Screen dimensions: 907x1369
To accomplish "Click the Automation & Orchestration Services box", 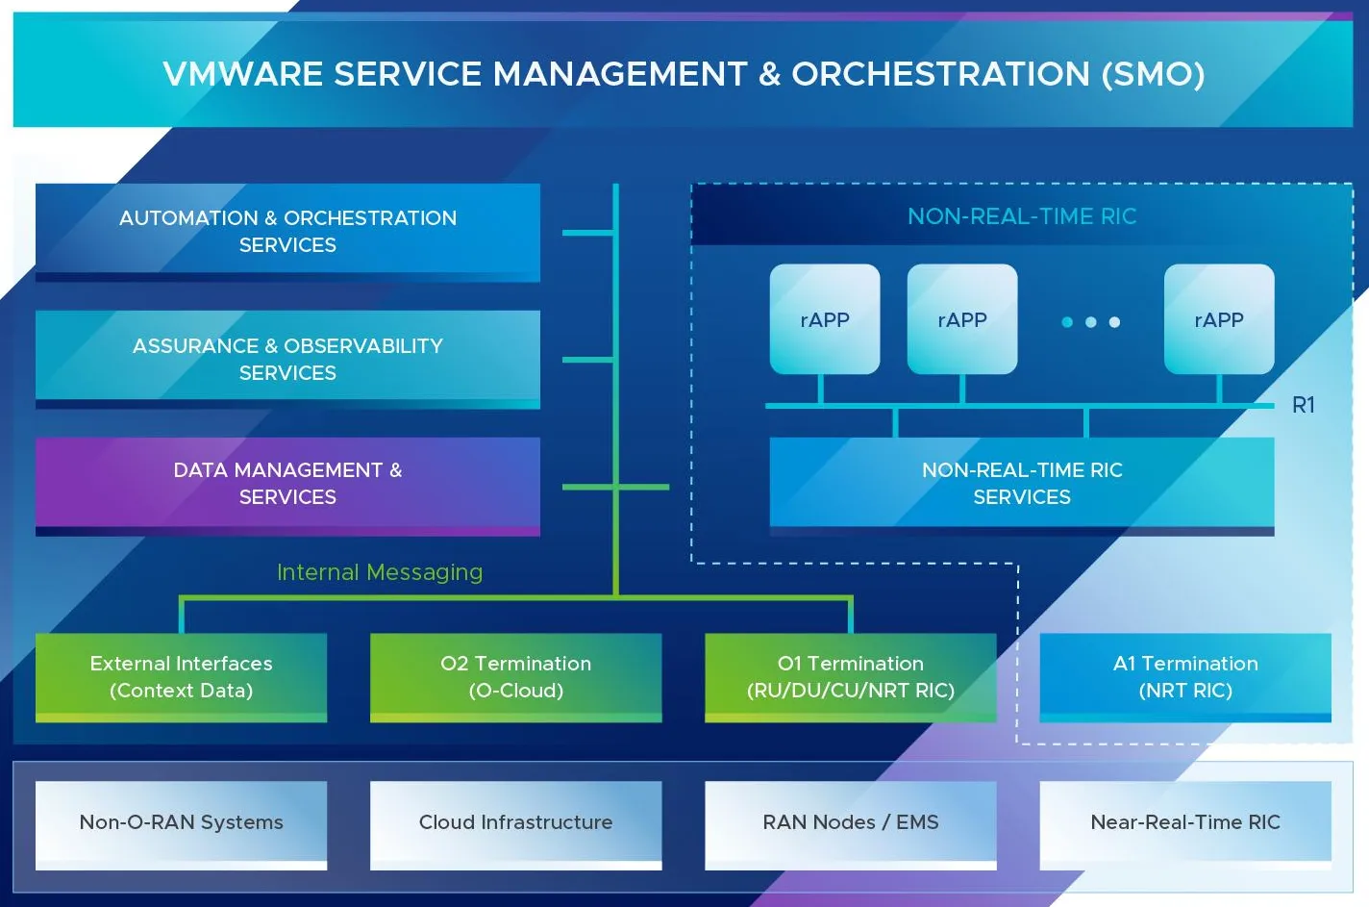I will coord(287,232).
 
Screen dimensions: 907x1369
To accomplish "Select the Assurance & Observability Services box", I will coord(287,359).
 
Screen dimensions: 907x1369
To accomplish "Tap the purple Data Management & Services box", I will coord(287,484).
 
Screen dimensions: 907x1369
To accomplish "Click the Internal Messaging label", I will coord(380,572).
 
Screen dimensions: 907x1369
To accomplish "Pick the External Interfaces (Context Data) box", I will coord(181,677).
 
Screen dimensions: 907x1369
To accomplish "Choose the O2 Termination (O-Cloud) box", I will coord(515,677).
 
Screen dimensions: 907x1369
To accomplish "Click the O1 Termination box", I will coord(850,677).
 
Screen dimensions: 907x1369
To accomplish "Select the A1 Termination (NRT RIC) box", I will coord(1185,677).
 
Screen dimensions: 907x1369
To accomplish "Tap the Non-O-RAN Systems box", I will coord(181,822).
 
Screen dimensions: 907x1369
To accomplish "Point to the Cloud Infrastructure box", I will coord(515,822).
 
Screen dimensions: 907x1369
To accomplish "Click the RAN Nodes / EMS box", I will coord(850,822).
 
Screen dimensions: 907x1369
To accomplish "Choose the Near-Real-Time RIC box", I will coord(1185,822).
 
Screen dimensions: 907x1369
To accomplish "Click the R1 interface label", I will coord(1304,405).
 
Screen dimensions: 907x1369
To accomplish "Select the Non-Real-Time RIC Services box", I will coord(1022,483).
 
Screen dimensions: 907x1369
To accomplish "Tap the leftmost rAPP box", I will coord(825,319).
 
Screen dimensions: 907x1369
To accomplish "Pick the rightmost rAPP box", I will coord(1219,319).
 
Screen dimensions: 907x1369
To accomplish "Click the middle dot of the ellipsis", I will coord(1090,322).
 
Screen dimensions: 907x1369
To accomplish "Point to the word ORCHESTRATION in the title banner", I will coord(940,74).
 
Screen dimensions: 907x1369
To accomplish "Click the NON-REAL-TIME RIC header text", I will coord(1022,216).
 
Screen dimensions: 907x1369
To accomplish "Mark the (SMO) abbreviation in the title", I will coord(1153,74).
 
